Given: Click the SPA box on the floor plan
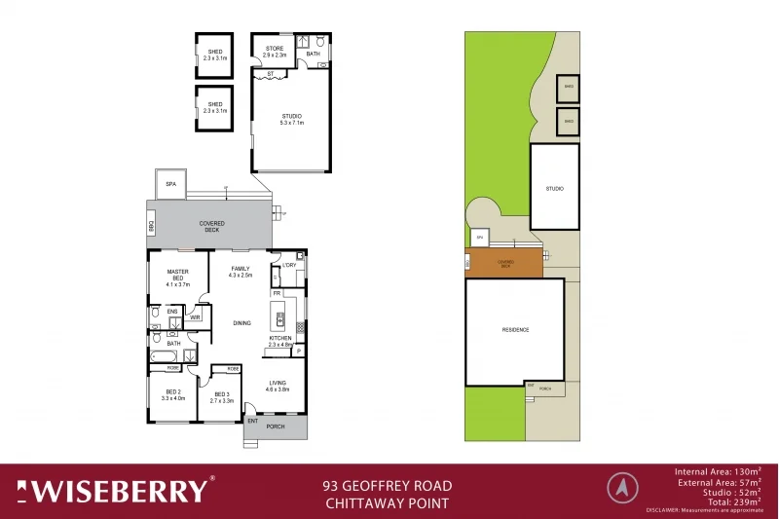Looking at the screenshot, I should [x=170, y=183].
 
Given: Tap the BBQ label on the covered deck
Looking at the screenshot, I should [x=152, y=226].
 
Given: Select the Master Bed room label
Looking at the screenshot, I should [x=177, y=278].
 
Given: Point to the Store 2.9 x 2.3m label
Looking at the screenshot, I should [x=275, y=52].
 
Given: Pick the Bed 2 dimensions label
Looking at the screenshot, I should [x=171, y=395].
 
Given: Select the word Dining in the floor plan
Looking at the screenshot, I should [x=241, y=322].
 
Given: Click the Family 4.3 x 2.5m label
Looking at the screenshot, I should [x=241, y=272].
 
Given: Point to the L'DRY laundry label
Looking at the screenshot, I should [x=289, y=265].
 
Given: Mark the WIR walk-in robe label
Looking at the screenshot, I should [x=195, y=317].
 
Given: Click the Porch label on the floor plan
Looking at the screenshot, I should [x=276, y=426].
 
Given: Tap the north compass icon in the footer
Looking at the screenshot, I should [x=620, y=486].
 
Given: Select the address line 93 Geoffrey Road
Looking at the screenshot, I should [x=387, y=485].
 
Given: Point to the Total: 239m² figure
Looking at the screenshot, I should [x=727, y=500].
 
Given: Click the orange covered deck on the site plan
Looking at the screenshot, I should [x=505, y=263].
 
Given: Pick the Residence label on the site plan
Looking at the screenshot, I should [x=515, y=330].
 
